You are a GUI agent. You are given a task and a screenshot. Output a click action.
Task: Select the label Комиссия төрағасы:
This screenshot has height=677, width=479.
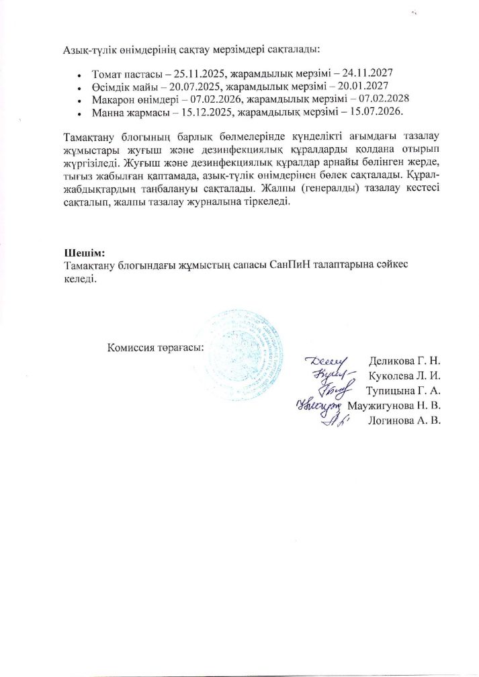(x=155, y=347)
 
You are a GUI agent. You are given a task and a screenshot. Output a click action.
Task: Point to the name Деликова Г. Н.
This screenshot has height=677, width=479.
(x=404, y=362)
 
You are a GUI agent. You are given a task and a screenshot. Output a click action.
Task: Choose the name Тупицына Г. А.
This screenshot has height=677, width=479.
(x=402, y=391)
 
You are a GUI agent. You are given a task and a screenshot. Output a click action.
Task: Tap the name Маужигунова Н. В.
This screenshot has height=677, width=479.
(x=394, y=406)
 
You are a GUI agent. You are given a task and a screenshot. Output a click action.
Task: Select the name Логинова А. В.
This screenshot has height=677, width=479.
(x=404, y=421)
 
